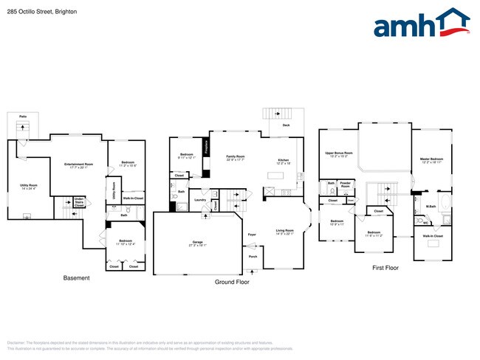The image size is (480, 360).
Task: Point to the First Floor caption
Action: [x=384, y=268]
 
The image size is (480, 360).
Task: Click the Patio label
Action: [x=22, y=117]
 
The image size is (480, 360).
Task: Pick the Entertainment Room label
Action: [x=78, y=164]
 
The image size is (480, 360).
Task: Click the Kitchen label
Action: [x=283, y=161]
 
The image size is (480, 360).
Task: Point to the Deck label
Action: [x=286, y=125]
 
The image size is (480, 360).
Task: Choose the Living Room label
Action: [x=284, y=231]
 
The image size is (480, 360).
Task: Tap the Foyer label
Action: [x=252, y=235]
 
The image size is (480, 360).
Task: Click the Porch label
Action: [x=253, y=257]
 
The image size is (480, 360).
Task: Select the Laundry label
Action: [x=199, y=200]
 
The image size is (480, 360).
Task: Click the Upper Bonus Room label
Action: [x=339, y=153]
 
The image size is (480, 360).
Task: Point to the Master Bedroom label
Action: [x=431, y=159]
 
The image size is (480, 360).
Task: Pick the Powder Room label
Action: [x=345, y=184]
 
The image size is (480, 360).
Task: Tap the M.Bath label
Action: [x=431, y=206]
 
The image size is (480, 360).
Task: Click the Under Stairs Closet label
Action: [x=78, y=201]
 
